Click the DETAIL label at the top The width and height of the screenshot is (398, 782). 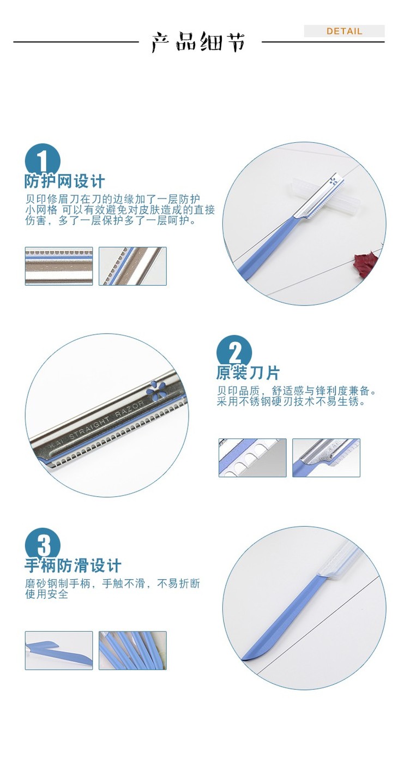tap(344, 31)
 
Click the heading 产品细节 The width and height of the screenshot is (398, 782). tap(198, 42)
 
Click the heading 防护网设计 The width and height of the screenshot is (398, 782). tap(64, 181)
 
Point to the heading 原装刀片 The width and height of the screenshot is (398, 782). tap(248, 373)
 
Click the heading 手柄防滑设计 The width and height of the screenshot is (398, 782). tap(73, 566)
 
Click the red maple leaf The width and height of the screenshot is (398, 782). tap(365, 262)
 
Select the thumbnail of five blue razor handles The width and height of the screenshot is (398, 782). tap(132, 651)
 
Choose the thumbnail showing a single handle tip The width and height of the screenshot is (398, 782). tap(59, 651)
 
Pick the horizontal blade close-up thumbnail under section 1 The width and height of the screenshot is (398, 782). tap(59, 266)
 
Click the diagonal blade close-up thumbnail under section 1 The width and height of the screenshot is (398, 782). tap(132, 266)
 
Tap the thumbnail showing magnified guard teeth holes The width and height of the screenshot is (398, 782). tap(252, 458)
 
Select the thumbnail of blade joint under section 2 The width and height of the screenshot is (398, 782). tap(326, 458)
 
